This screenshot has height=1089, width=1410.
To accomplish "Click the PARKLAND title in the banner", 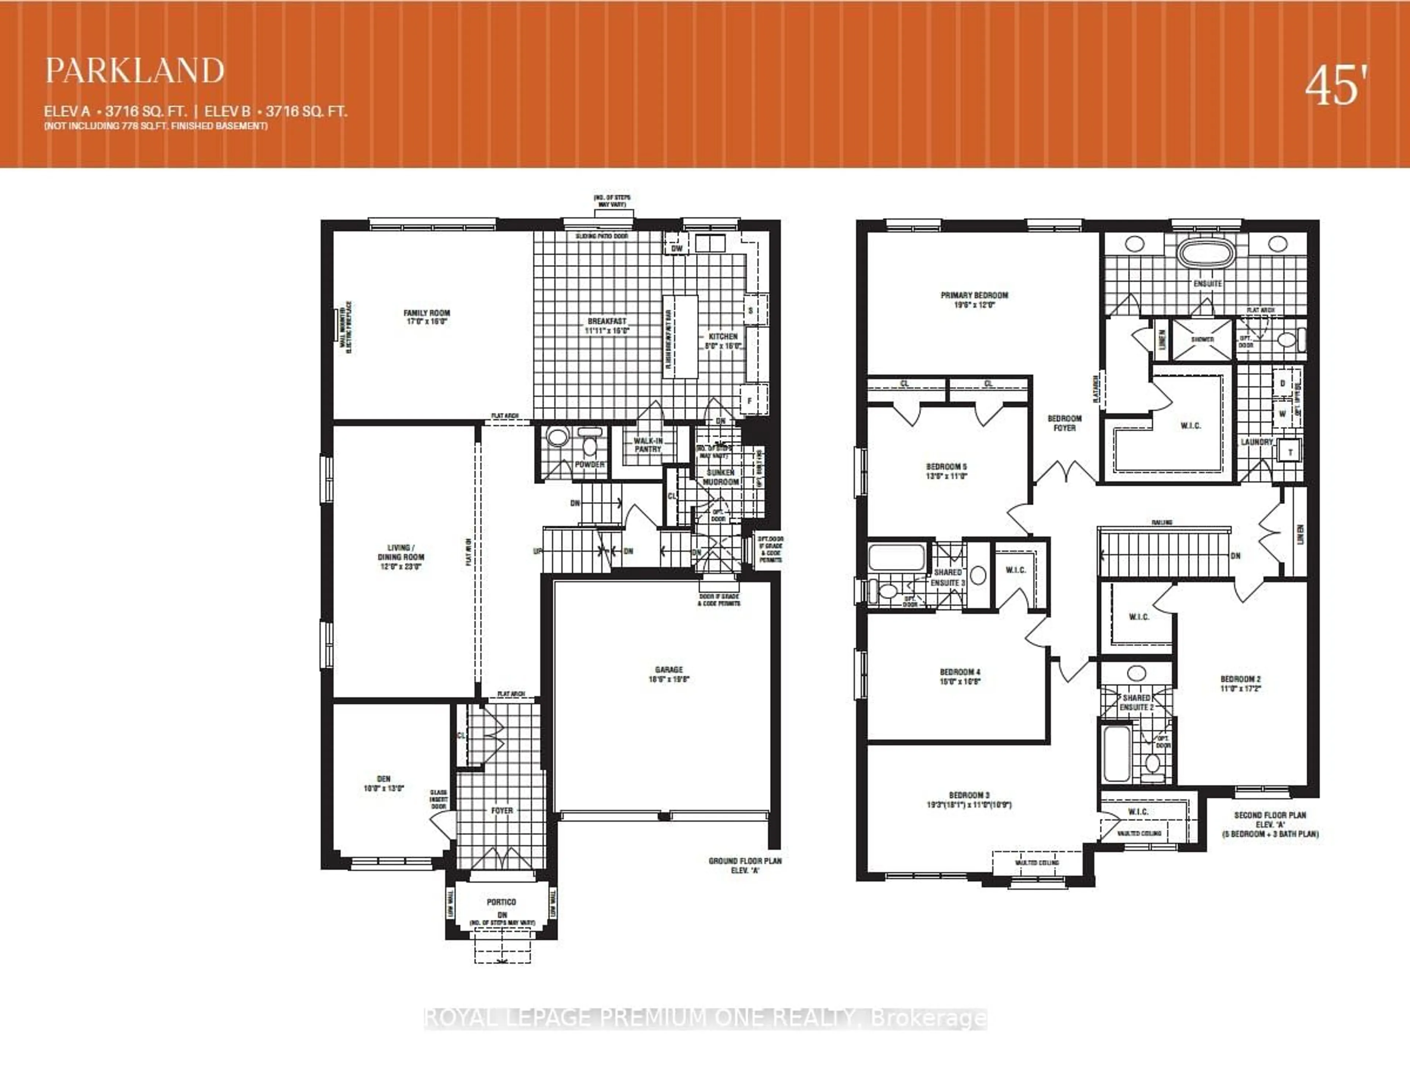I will point(135,71).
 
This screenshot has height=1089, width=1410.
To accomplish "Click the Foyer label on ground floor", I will point(502,810).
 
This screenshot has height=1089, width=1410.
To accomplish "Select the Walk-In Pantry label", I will point(648,445).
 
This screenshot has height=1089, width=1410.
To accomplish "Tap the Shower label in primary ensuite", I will point(1202,340).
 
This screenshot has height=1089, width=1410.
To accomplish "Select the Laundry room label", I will point(1257,442).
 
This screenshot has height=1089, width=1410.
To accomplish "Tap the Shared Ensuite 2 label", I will point(1136,703).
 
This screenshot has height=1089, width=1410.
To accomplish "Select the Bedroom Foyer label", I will point(1064,423).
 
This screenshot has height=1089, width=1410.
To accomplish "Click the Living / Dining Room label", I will point(400,556).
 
